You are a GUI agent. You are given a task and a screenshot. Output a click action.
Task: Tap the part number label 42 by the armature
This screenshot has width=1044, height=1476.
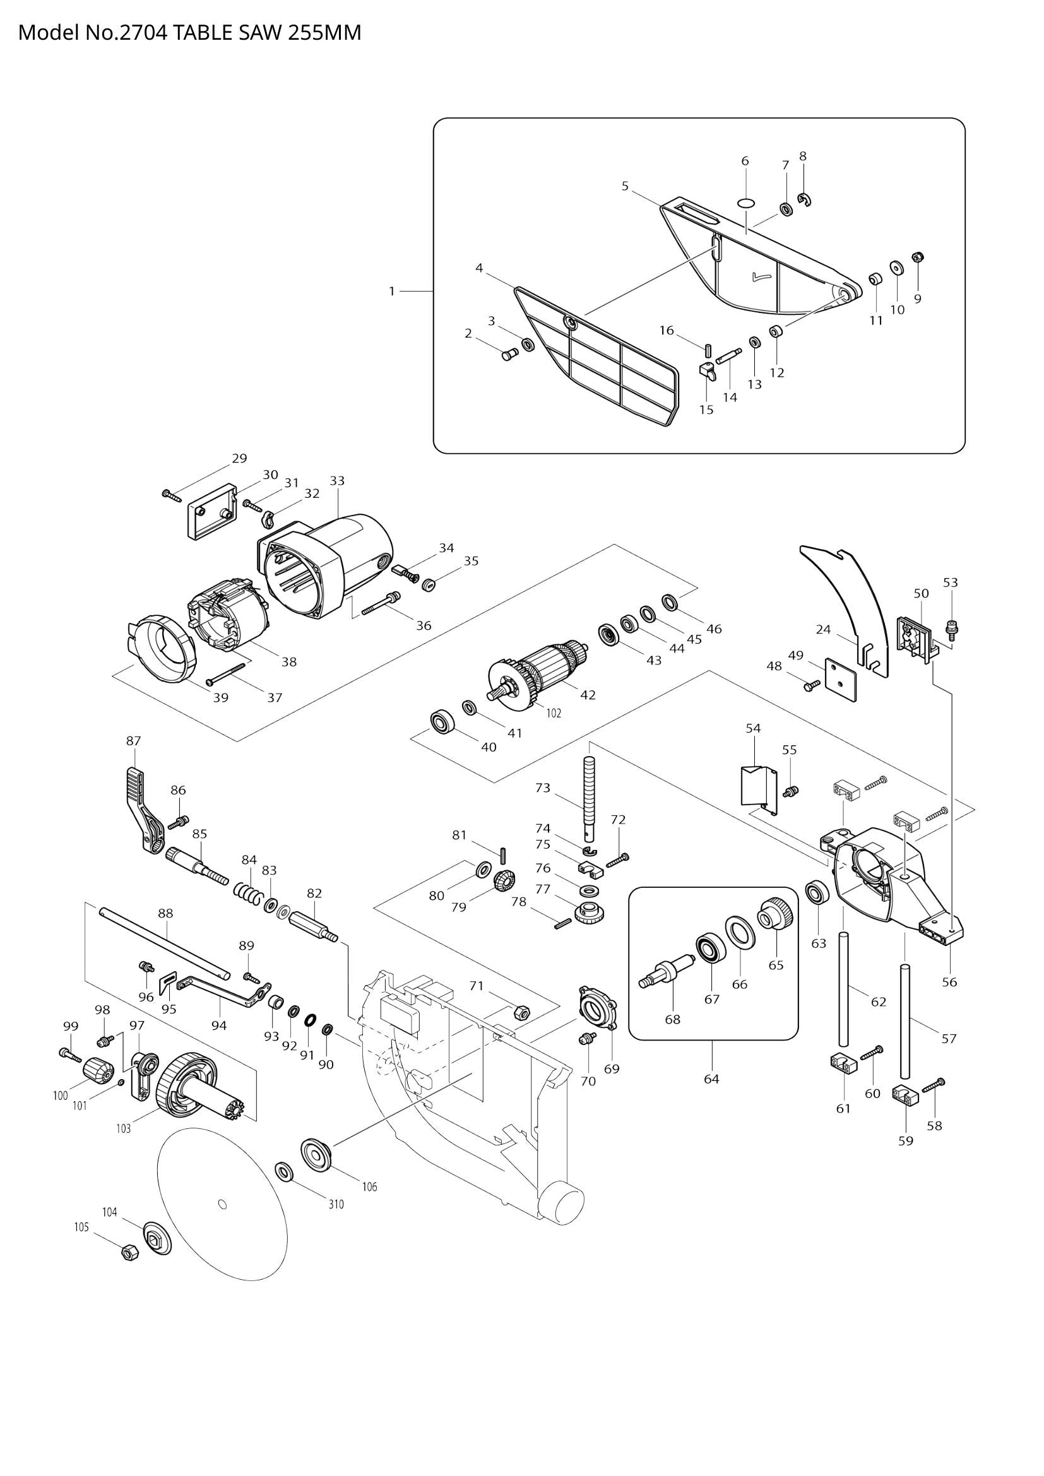point(588,695)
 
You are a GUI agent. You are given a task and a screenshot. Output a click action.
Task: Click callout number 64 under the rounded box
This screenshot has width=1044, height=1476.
point(711,1078)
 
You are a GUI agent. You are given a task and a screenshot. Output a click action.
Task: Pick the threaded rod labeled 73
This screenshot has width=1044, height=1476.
point(590,797)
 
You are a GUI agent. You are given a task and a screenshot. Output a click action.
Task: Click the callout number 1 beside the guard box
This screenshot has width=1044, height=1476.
point(391,291)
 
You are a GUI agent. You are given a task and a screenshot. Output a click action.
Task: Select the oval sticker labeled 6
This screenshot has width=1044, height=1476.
point(745,203)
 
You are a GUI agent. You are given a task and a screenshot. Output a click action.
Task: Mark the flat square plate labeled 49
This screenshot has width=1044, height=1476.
point(840,680)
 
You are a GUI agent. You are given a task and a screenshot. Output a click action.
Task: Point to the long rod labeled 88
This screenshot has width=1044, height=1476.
point(164,942)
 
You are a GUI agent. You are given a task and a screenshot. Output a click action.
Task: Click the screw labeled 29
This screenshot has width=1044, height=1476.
point(172,495)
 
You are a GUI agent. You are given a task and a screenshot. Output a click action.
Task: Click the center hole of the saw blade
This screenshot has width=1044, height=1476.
point(222,1204)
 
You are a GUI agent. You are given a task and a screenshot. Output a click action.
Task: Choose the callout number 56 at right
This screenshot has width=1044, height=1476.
point(949,982)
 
